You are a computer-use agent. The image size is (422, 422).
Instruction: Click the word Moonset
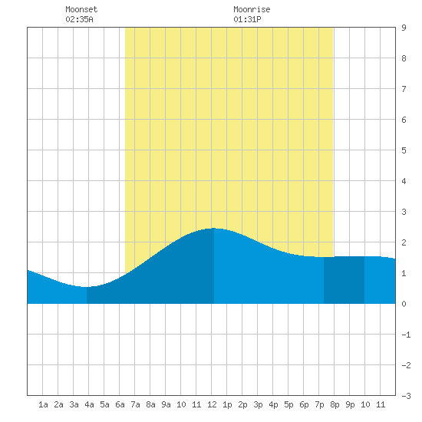[x=81, y=9]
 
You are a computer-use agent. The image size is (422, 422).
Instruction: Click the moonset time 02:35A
[x=79, y=19]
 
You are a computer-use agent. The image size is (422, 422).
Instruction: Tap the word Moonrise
[x=252, y=9]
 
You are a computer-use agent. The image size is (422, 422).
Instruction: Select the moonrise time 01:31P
[x=247, y=19]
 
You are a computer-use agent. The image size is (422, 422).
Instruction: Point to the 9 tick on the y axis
[x=404, y=28]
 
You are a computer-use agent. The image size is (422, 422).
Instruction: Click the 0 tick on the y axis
[x=404, y=304]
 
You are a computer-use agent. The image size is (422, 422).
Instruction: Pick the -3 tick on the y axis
[x=406, y=396]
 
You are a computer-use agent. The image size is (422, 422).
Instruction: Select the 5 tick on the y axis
[x=404, y=150]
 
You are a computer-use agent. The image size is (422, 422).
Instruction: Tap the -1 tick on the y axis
[x=406, y=335]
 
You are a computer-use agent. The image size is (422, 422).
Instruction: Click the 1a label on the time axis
[x=43, y=404]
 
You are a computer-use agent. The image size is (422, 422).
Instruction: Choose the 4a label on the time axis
[x=89, y=404]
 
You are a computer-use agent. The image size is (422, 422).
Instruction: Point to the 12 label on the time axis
[x=212, y=404]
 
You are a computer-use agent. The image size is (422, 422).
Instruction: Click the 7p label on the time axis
[x=319, y=404]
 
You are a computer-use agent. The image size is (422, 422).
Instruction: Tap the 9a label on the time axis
[x=166, y=404]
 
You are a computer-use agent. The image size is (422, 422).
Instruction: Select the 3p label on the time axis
[x=258, y=404]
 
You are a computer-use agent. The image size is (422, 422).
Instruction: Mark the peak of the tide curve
[x=214, y=228]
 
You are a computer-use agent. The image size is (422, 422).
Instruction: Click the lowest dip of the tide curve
[x=86, y=287]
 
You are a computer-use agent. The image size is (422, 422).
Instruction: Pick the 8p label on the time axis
[x=335, y=404]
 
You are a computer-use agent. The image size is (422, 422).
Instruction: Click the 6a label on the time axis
[x=120, y=404]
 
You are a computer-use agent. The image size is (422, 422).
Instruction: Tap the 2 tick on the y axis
[x=404, y=242]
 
